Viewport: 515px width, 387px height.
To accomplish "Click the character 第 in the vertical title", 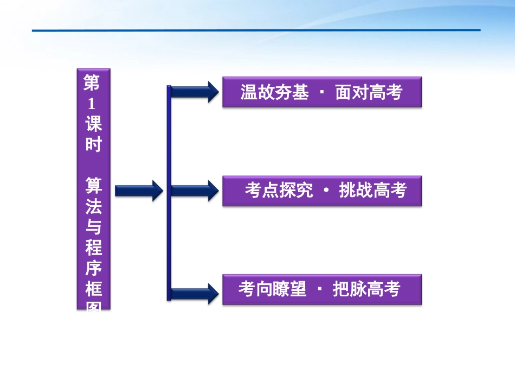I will tap(93, 83).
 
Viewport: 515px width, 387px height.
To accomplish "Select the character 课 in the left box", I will tap(93, 124).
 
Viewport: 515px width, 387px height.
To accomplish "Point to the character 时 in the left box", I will tap(93, 145).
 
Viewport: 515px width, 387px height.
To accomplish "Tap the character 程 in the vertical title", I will tap(93, 248).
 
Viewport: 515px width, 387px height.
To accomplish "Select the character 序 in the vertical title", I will tap(93, 269).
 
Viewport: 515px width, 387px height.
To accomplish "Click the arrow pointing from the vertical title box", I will tap(139, 190).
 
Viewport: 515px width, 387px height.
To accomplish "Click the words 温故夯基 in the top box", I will tap(274, 92).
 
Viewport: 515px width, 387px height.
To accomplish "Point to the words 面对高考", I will tap(369, 92).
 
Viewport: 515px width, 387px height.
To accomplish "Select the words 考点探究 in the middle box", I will tap(279, 191).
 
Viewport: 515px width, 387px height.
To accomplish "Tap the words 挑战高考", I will tap(372, 191).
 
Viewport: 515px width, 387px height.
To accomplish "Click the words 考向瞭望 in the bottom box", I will tap(272, 289).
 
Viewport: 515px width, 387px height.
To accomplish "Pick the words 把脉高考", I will tap(366, 289).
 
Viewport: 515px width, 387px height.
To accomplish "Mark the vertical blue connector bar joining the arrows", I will tap(169, 193).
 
